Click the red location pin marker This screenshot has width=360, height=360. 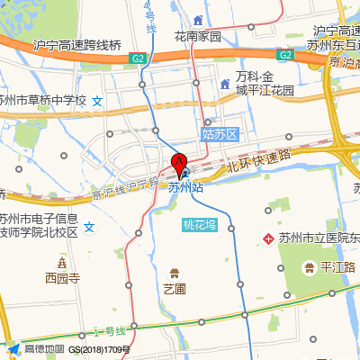click(x=179, y=166)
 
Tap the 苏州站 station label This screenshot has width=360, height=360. click(x=186, y=188)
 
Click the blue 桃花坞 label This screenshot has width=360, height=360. click(x=200, y=225)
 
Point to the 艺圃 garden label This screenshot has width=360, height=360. click(x=174, y=289)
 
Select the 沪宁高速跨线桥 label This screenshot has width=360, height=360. click(x=76, y=45)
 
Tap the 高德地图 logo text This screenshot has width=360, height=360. click(x=44, y=348)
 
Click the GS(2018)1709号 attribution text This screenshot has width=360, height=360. click(x=100, y=348)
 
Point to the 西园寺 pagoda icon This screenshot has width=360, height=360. click(x=62, y=262)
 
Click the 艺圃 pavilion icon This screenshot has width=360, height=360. click(x=174, y=271)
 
